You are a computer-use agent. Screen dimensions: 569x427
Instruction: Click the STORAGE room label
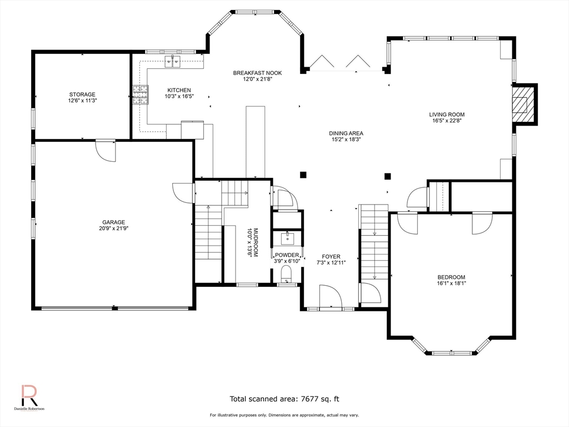point(82,95)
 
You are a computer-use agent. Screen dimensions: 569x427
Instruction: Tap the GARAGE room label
point(113,222)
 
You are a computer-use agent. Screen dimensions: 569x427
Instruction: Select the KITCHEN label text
point(179,90)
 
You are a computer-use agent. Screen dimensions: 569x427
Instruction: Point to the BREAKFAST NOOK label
point(257,73)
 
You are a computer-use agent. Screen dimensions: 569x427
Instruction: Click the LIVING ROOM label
point(447,115)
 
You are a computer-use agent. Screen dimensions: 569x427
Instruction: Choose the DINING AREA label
point(346,133)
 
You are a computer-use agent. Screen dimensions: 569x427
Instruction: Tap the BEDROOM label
point(451,277)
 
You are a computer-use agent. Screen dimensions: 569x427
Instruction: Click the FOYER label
point(331,257)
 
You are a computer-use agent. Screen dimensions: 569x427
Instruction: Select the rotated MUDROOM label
point(255,242)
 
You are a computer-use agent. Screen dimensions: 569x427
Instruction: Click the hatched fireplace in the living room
point(523,104)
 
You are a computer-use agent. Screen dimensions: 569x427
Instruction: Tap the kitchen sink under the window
point(173,62)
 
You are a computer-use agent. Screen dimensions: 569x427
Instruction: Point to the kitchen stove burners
point(141,95)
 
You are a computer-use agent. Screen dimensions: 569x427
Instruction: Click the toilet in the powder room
point(286,274)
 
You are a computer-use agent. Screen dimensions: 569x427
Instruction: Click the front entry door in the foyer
point(331,297)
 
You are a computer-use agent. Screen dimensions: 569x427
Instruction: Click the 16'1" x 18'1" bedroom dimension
point(451,283)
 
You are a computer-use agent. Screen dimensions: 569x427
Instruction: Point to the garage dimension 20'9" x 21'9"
point(113,229)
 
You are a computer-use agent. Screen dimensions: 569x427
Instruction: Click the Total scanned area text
point(284,399)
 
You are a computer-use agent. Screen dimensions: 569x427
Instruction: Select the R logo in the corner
point(29,395)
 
